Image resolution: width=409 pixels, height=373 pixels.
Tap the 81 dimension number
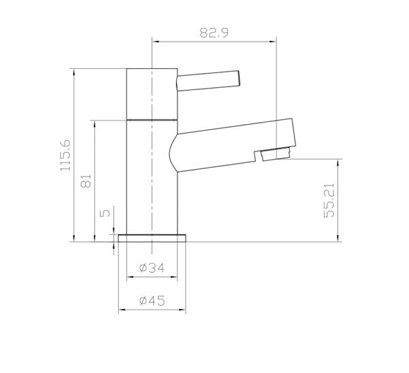click(87, 182)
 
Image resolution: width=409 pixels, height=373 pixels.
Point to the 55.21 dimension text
click(329, 200)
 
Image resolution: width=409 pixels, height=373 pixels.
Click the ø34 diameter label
click(151, 268)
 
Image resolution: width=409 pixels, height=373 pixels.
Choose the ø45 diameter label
click(151, 299)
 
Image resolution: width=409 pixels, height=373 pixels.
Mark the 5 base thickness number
click(104, 213)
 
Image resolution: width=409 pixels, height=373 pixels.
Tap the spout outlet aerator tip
click(273, 153)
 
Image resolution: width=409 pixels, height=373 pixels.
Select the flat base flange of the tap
click(151, 237)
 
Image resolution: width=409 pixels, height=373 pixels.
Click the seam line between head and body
click(151, 119)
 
